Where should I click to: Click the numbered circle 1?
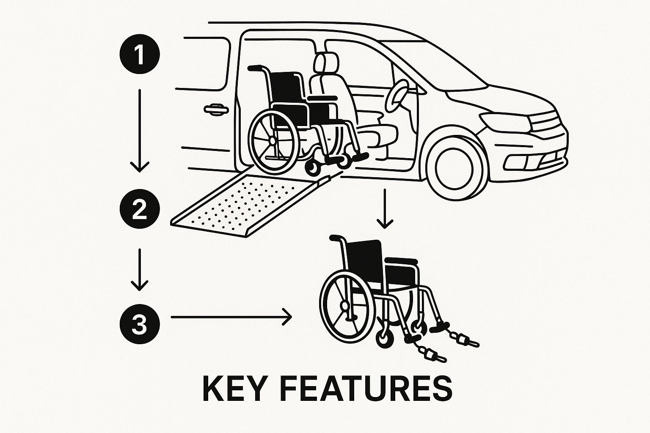click(x=140, y=54)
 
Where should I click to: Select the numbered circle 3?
click(x=140, y=324)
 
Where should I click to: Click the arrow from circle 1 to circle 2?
click(x=140, y=131)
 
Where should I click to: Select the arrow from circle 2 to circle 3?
click(x=140, y=269)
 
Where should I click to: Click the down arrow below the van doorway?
click(x=385, y=208)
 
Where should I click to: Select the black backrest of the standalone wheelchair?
click(x=365, y=261)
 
